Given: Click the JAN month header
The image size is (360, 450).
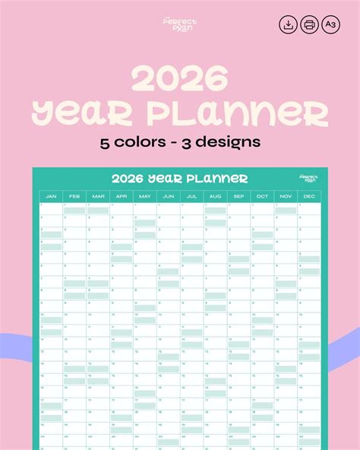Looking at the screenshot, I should tap(51, 197).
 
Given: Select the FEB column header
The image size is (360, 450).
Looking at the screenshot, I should tap(74, 197).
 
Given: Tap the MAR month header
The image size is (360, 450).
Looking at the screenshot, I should tap(98, 197).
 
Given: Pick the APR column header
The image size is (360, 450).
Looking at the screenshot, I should tap(122, 197).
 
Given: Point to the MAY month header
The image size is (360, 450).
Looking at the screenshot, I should tap(145, 197).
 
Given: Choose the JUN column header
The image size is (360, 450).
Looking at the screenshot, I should tap(169, 197).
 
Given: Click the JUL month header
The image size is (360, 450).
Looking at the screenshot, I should tap(192, 197).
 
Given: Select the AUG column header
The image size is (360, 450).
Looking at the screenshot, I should tap(216, 197).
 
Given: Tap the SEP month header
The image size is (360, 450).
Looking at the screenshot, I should tap(239, 197).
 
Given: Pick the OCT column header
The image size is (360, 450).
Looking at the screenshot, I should tap(263, 197).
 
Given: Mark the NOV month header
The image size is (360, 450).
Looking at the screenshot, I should tap(286, 197).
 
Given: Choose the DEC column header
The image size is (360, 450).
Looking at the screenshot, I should tap(310, 197).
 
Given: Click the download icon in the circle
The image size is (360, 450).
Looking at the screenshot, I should tap(289, 24).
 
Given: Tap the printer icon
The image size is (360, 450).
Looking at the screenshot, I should tap(310, 24).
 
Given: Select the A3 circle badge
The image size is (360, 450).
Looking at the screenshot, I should tap(331, 24).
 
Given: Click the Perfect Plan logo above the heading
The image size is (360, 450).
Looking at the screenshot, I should tap(179, 24).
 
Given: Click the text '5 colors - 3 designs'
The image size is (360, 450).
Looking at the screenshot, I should tap(180, 142).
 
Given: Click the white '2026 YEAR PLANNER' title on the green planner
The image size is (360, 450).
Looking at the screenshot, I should tap(179, 179).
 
